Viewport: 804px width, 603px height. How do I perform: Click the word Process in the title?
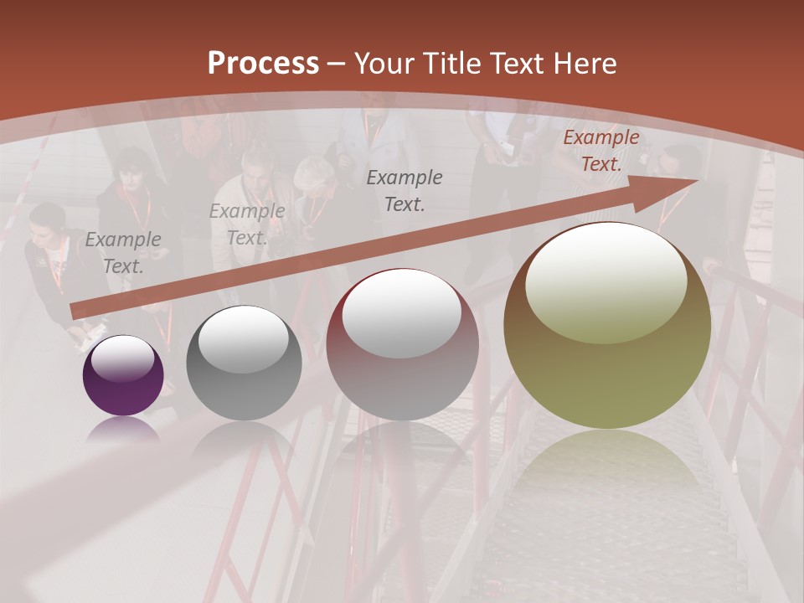[263, 64]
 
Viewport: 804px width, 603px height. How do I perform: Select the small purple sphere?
[123, 376]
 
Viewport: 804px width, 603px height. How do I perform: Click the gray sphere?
[243, 363]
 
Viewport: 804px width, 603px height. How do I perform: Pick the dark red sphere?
[402, 344]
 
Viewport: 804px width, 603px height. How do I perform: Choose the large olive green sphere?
[606, 325]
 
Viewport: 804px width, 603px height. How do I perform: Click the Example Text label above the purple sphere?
[123, 252]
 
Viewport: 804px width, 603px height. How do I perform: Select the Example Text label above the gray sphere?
[246, 224]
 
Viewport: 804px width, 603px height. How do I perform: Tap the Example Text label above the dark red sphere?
[405, 190]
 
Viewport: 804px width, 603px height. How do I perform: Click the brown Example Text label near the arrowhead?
[601, 151]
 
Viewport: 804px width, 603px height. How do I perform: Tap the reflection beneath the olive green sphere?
[606, 469]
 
